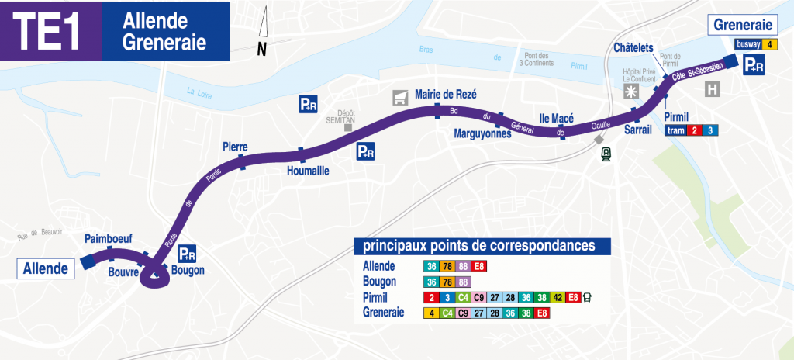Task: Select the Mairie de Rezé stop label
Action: pos(446,94)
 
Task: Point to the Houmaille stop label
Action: pos(309,170)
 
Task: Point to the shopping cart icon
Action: pos(400,96)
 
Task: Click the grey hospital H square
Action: pos(713,90)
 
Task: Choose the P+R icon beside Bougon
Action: pos(187,253)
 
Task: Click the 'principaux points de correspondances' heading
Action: pos(481,247)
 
